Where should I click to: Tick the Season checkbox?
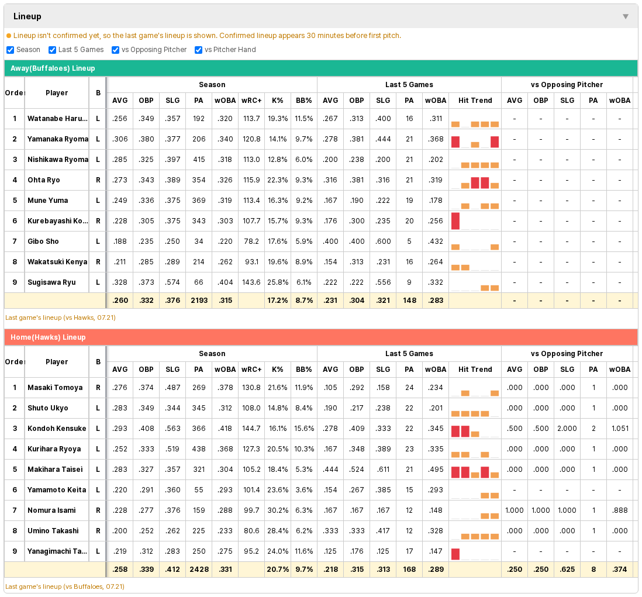click(x=11, y=50)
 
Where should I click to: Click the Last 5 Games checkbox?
click(x=52, y=50)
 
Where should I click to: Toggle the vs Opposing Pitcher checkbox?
click(x=115, y=50)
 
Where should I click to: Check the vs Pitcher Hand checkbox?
click(x=199, y=50)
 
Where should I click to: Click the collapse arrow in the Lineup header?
click(x=626, y=16)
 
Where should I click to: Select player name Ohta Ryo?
click(x=44, y=180)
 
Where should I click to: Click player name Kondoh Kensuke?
click(x=57, y=429)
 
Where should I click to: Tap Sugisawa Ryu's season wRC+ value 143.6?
click(x=251, y=282)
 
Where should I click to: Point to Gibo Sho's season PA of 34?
click(x=199, y=241)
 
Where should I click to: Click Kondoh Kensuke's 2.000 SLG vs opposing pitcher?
click(x=567, y=429)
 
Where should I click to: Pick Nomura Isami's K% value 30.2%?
click(x=278, y=510)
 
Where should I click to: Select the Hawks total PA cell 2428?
click(x=199, y=570)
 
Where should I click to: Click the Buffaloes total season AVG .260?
click(x=120, y=301)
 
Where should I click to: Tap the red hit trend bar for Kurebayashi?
click(x=455, y=221)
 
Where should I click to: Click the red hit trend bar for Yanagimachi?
click(x=455, y=554)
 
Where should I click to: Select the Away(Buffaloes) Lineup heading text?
click(x=53, y=68)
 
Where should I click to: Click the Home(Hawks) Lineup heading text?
click(x=48, y=337)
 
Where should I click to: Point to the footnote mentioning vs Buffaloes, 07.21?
click(x=65, y=586)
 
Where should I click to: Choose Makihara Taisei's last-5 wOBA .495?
click(x=436, y=470)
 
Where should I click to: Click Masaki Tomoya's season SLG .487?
click(x=172, y=388)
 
